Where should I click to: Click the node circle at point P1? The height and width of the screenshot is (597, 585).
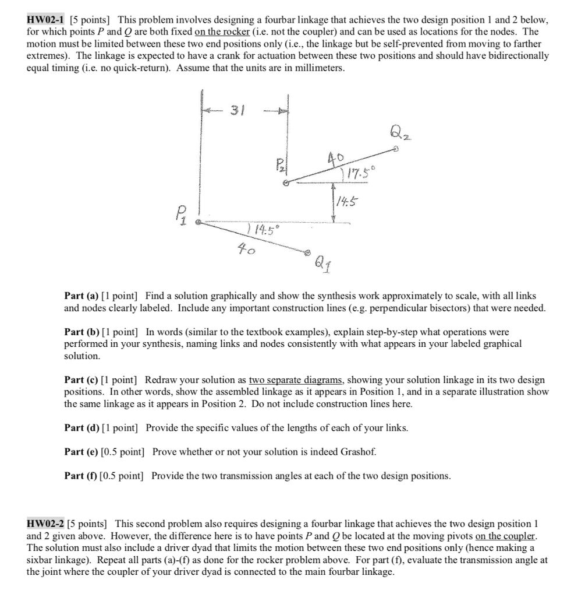[x=198, y=222]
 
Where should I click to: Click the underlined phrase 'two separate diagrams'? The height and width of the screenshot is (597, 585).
[x=297, y=380]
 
